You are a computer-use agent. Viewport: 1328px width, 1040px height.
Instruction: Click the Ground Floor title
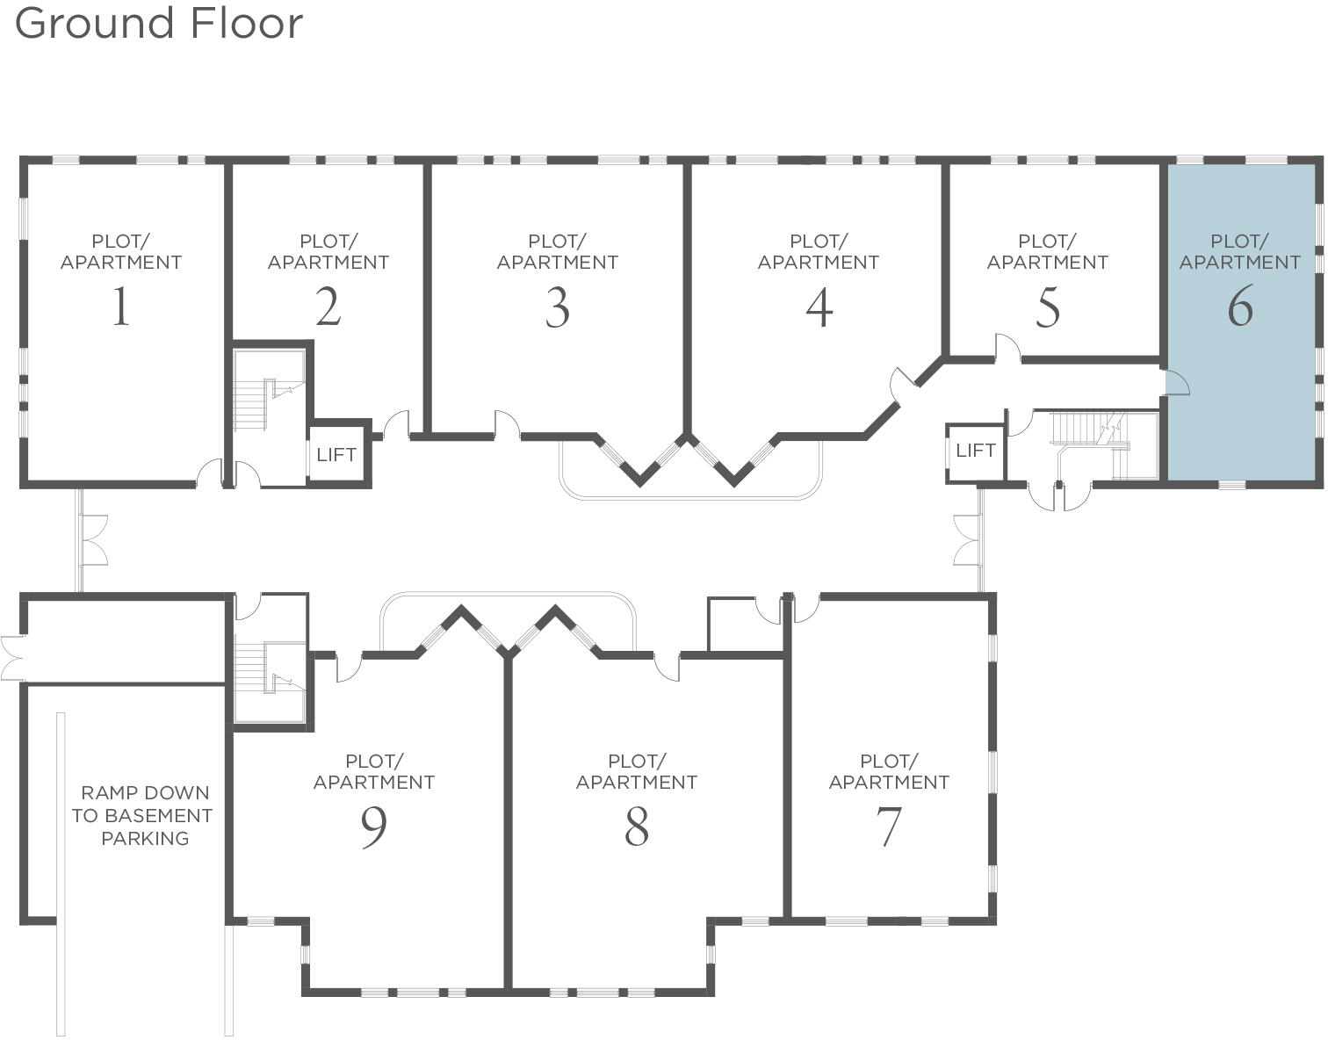pos(159,23)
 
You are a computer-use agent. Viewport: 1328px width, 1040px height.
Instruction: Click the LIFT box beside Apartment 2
pos(336,454)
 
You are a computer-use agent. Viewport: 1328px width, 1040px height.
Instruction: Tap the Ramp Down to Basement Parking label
pos(143,815)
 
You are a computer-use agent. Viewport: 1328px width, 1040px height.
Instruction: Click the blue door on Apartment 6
pos(1176,384)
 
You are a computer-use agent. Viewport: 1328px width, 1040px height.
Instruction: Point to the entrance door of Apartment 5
pos(1007,349)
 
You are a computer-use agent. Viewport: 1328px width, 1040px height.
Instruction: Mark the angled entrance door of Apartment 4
pos(903,384)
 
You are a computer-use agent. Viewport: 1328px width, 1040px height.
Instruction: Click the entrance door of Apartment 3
pos(507,424)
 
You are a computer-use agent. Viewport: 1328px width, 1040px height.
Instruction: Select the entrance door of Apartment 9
pos(348,667)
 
